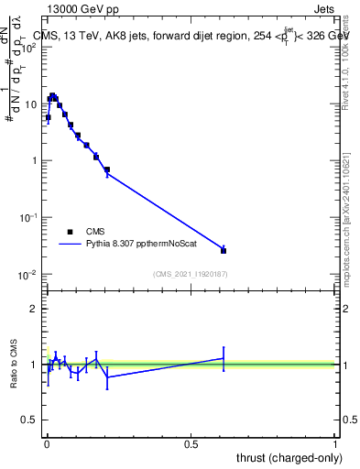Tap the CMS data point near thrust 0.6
(224, 250)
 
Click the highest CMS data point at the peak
(52, 95)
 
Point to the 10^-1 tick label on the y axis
(28, 218)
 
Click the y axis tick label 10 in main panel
(31, 104)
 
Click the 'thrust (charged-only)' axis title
(285, 459)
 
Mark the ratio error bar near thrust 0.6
(224, 358)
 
